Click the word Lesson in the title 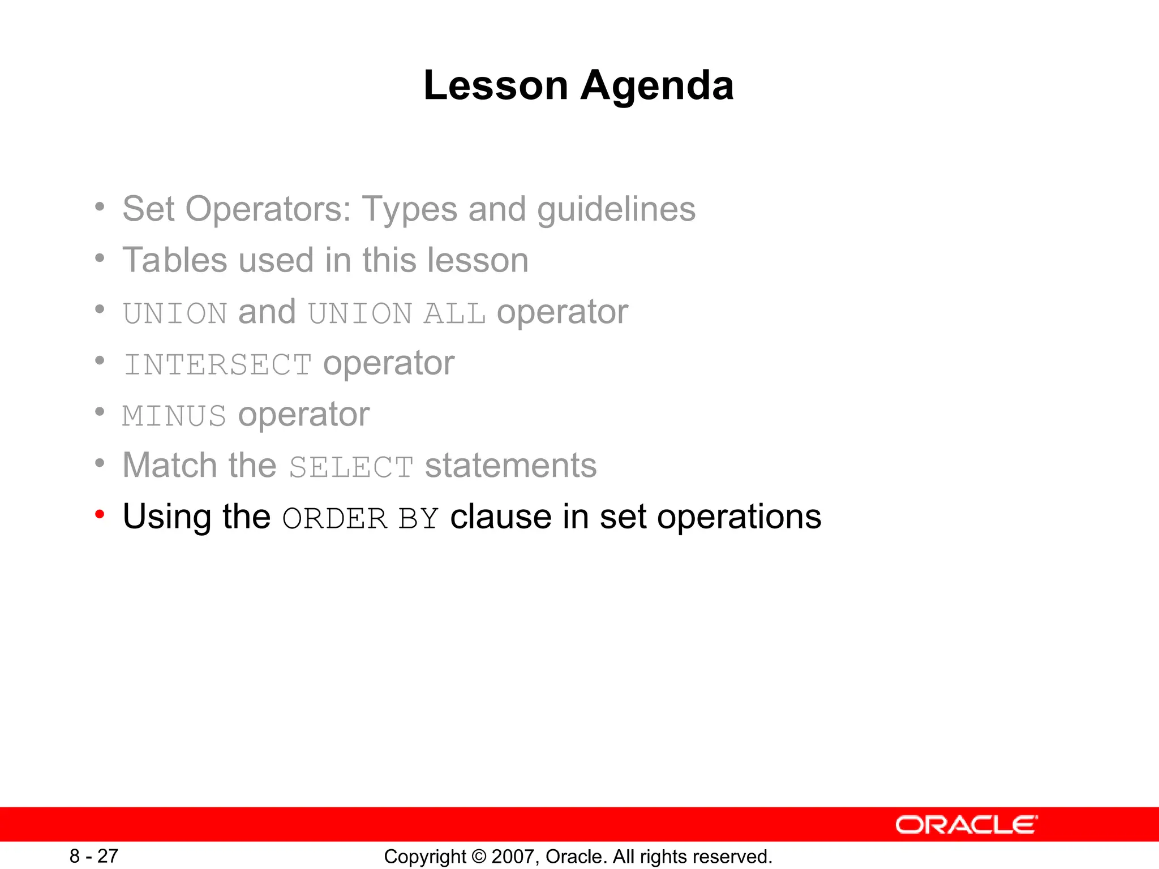(495, 86)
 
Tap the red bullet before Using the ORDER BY (100, 514)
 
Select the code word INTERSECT (218, 364)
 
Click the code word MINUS (174, 416)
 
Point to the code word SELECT (351, 467)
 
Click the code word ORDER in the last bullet (334, 518)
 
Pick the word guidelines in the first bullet (616, 209)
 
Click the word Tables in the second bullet (174, 260)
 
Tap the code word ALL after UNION (454, 313)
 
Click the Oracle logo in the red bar (966, 825)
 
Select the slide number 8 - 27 (94, 856)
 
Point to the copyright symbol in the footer (479, 857)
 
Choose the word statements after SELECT (510, 466)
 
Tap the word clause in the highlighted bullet (500, 517)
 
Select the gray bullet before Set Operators (100, 207)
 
